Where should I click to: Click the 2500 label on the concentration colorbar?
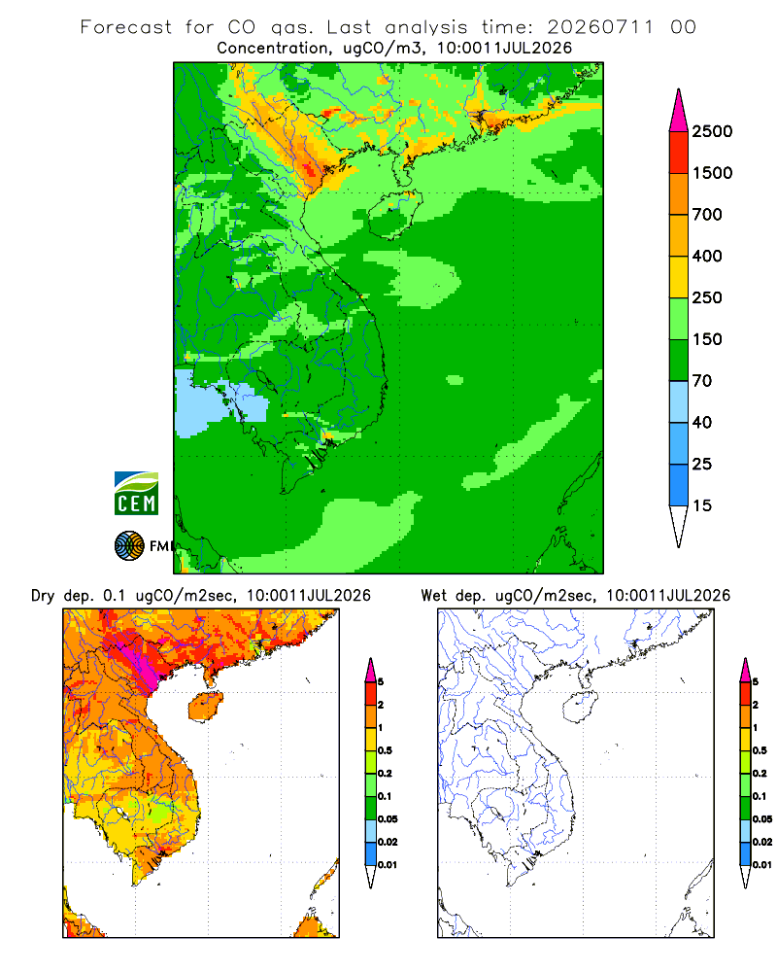pos(712,131)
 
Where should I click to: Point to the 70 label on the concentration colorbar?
pos(701,381)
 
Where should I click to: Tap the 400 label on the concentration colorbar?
pos(707,256)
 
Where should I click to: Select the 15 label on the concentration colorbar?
pos(701,505)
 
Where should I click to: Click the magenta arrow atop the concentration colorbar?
pos(679,112)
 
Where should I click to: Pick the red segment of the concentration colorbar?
pos(679,152)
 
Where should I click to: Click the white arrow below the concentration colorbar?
pos(679,524)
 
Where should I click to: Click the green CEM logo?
pos(136,494)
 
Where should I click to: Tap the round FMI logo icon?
pos(129,546)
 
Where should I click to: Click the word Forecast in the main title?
pos(126,27)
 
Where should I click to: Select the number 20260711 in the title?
pos(600,27)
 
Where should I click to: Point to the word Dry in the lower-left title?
pos(43,596)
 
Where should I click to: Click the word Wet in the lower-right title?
pos(433,596)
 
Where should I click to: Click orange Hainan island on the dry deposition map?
pos(206,707)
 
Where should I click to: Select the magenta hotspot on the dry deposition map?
pos(141,663)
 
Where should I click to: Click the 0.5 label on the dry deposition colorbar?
pos(385,750)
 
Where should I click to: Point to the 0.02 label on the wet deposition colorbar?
pos(762,842)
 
